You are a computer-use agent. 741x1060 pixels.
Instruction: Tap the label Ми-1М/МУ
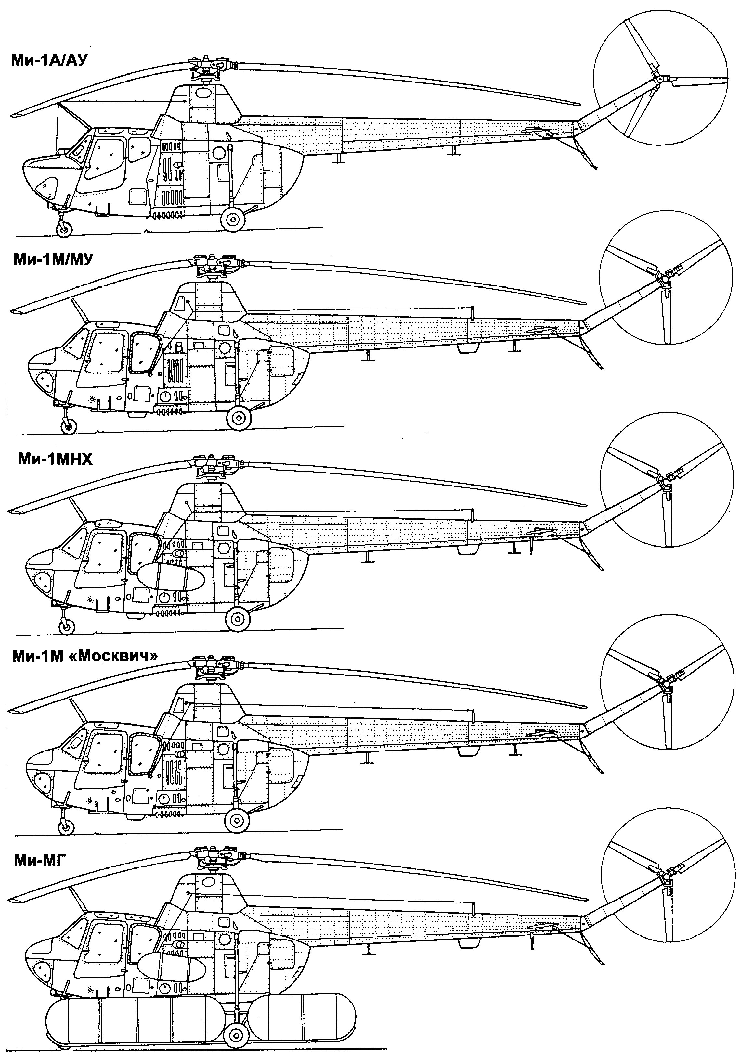(53, 260)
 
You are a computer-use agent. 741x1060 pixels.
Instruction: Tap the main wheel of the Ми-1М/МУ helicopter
(239, 418)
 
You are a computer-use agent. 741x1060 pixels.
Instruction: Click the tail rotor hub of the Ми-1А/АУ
(656, 80)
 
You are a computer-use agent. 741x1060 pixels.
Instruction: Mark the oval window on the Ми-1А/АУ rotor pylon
(202, 93)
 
